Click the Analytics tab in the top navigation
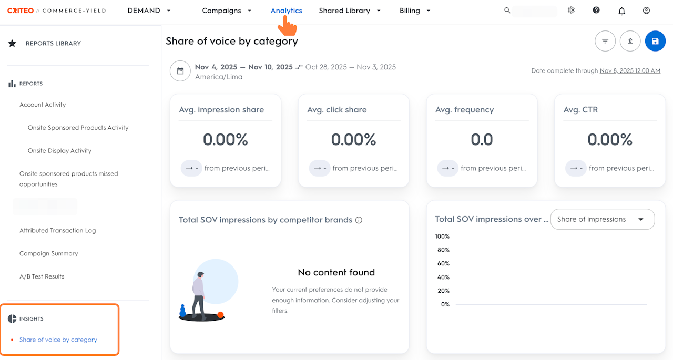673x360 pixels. tap(286, 11)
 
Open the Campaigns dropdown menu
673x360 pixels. tap(227, 11)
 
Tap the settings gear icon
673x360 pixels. tap(571, 11)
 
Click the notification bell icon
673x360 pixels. tap(621, 11)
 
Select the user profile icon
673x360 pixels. tap(646, 11)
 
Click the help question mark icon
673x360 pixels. tap(596, 11)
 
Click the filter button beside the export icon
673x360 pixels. tap(605, 41)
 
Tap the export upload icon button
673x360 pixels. tap(630, 41)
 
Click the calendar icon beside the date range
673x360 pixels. tap(180, 71)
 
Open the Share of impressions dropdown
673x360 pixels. tap(602, 219)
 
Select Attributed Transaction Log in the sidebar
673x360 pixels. tap(57, 230)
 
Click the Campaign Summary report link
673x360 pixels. tap(48, 253)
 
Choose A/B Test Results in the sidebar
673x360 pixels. tap(42, 276)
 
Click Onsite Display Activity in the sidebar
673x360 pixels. tap(59, 151)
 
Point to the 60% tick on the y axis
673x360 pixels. tap(443, 263)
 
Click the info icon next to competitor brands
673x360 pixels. tap(359, 220)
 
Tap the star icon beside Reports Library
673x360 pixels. tap(12, 43)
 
